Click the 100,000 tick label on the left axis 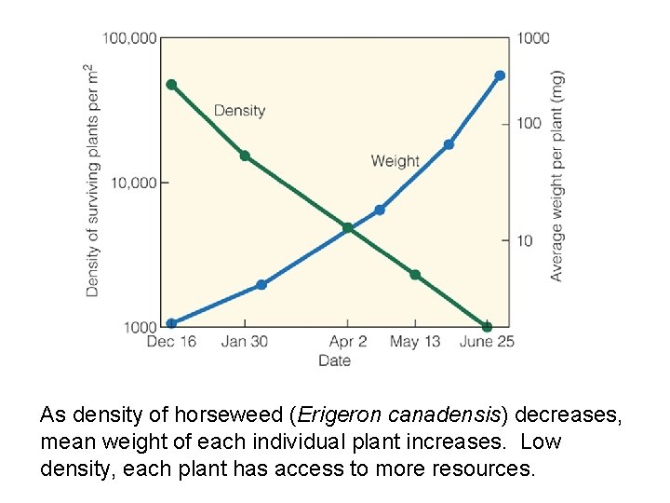(x=128, y=38)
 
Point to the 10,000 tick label (x=133, y=183)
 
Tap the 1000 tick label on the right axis (x=533, y=38)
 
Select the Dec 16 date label (x=171, y=342)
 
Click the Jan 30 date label (x=244, y=342)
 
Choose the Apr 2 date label (x=348, y=342)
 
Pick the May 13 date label (x=414, y=342)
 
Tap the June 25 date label (x=487, y=342)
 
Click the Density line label (x=239, y=111)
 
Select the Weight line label (x=395, y=161)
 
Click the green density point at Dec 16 (x=171, y=85)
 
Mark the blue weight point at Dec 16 (x=171, y=324)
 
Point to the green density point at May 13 (x=415, y=275)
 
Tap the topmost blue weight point (x=500, y=75)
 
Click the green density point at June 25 (x=487, y=326)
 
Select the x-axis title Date (x=334, y=360)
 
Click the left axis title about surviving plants (x=91, y=181)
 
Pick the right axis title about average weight (x=556, y=176)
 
